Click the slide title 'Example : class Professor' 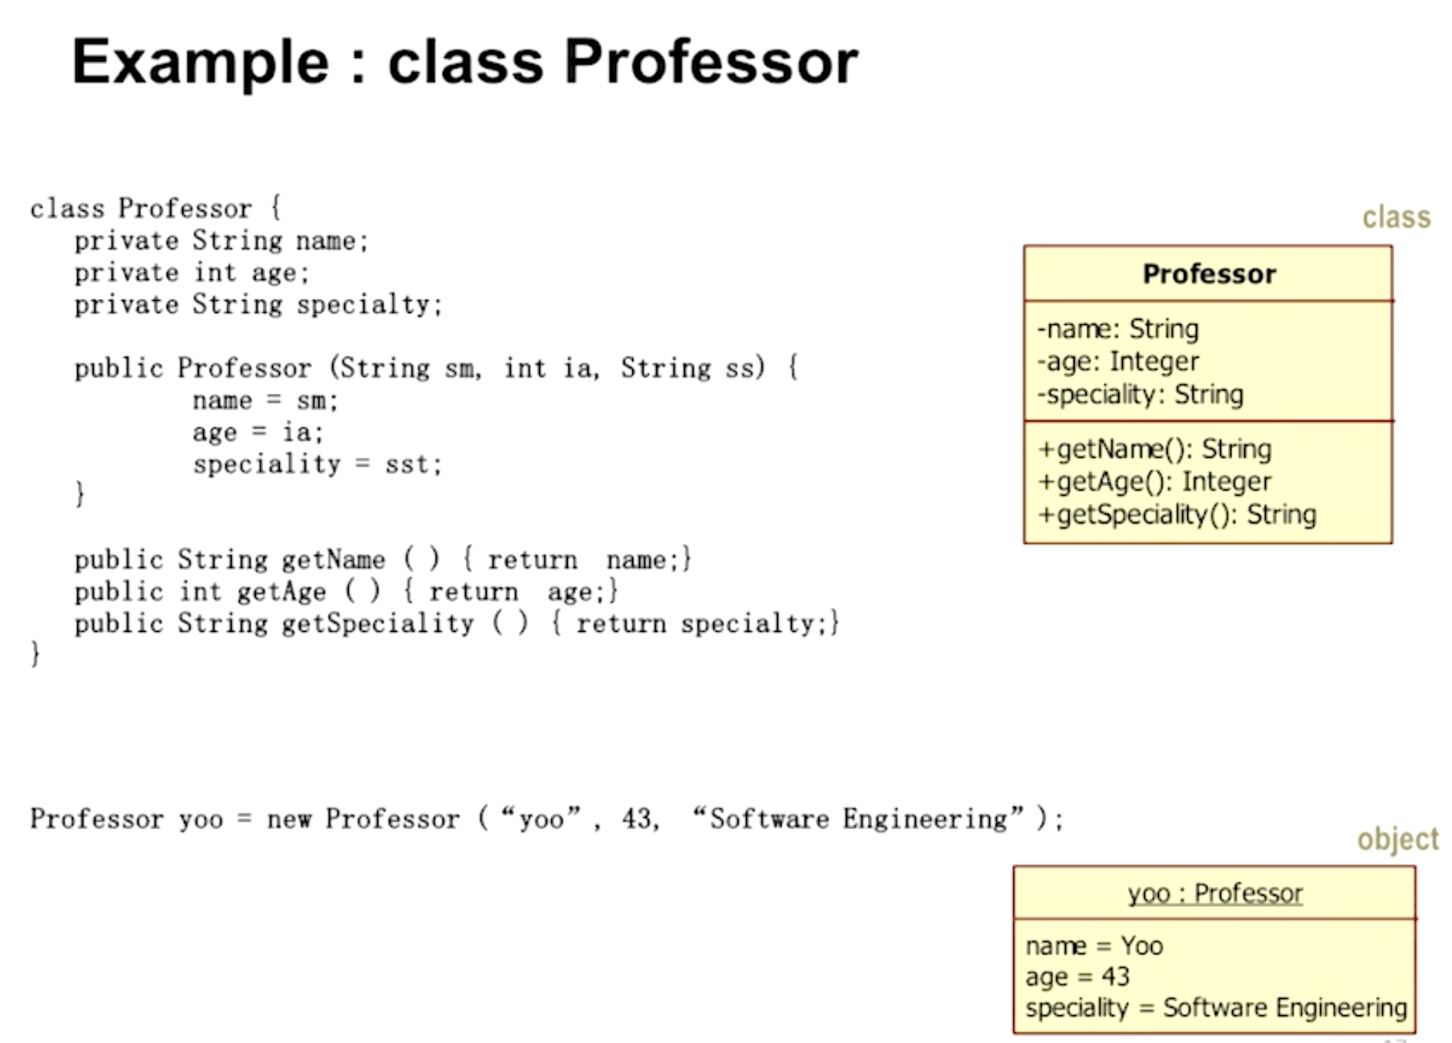pyautogui.click(x=465, y=62)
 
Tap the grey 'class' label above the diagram pyautogui.click(x=1396, y=217)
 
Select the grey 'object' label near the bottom pyautogui.click(x=1397, y=839)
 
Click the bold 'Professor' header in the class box pyautogui.click(x=1208, y=274)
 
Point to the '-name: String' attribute pyautogui.click(x=1117, y=329)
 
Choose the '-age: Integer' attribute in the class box pyautogui.click(x=1117, y=362)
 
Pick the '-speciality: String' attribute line pyautogui.click(x=1140, y=394)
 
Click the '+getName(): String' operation pyautogui.click(x=1154, y=449)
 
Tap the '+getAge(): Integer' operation pyautogui.click(x=1154, y=482)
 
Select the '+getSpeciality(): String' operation pyautogui.click(x=1177, y=515)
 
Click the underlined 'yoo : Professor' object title pyautogui.click(x=1215, y=893)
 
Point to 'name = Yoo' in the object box pyautogui.click(x=1093, y=945)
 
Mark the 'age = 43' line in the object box pyautogui.click(x=1077, y=977)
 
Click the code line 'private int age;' pyautogui.click(x=191, y=272)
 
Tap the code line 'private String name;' pyautogui.click(x=221, y=241)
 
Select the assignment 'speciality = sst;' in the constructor pyautogui.click(x=317, y=464)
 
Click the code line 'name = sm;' pyautogui.click(x=265, y=401)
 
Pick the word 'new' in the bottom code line pyautogui.click(x=289, y=819)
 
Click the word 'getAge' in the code pyautogui.click(x=281, y=592)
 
